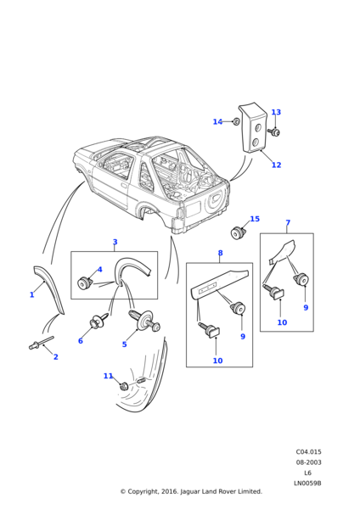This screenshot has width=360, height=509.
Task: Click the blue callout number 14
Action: (x=217, y=121)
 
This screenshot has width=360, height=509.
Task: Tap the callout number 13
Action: (x=276, y=112)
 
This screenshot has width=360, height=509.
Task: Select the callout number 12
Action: (x=276, y=165)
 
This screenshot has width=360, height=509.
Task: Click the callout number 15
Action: (x=255, y=219)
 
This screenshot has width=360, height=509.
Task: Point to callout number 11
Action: (x=108, y=376)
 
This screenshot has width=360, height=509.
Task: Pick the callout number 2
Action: (x=55, y=357)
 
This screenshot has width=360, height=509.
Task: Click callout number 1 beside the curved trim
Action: (x=32, y=294)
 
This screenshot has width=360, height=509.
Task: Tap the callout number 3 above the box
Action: (x=115, y=242)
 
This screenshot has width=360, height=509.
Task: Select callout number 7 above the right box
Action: (x=288, y=222)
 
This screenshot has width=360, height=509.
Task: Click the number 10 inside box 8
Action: (x=217, y=361)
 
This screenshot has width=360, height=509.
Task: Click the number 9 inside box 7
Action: (x=306, y=307)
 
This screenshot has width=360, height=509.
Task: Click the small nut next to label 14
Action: (x=237, y=121)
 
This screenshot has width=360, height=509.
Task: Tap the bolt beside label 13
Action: (x=274, y=131)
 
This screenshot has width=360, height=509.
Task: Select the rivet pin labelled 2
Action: (x=41, y=343)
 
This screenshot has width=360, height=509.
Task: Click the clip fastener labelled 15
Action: (x=238, y=233)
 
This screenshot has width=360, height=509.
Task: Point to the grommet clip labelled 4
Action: (x=85, y=282)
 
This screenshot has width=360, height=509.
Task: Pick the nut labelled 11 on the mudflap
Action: (x=124, y=386)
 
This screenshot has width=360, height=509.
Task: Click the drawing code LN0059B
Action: (x=307, y=483)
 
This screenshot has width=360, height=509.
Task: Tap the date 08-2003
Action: (x=308, y=462)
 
